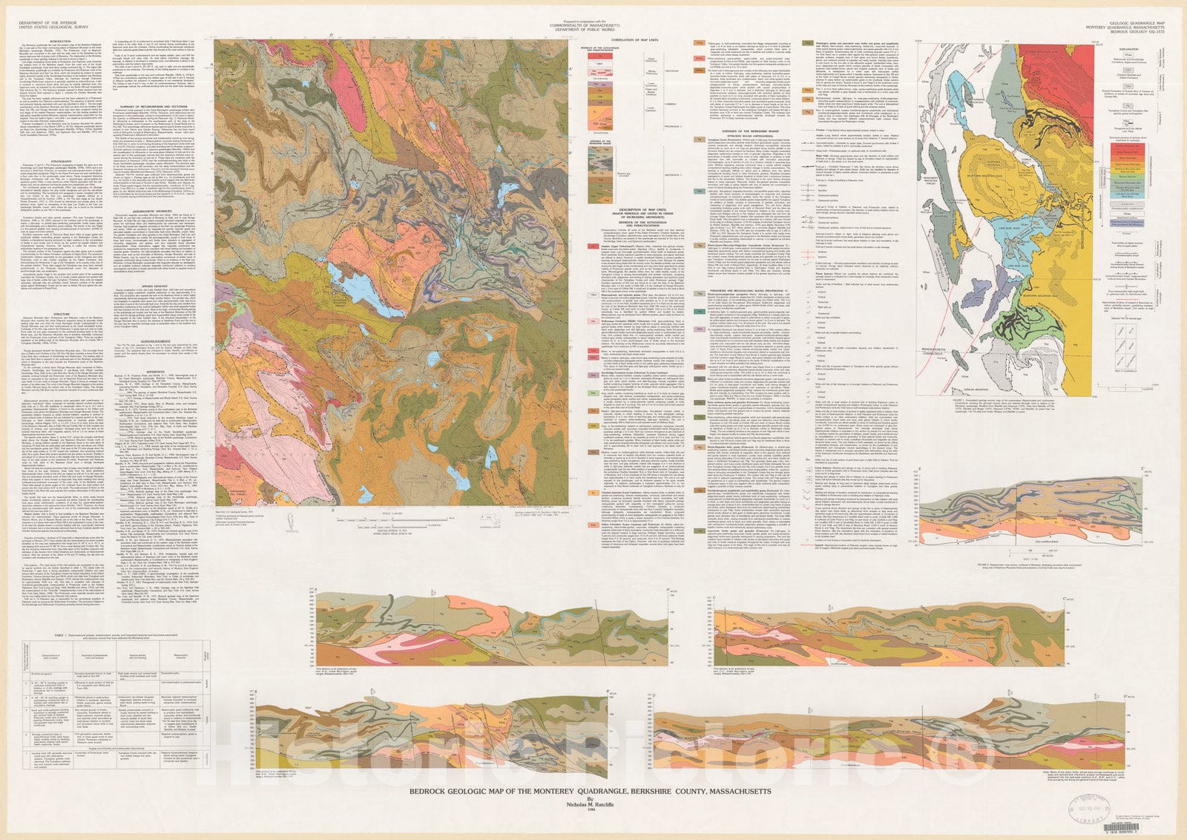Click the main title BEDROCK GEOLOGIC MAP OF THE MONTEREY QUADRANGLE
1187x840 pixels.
click(591, 792)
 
